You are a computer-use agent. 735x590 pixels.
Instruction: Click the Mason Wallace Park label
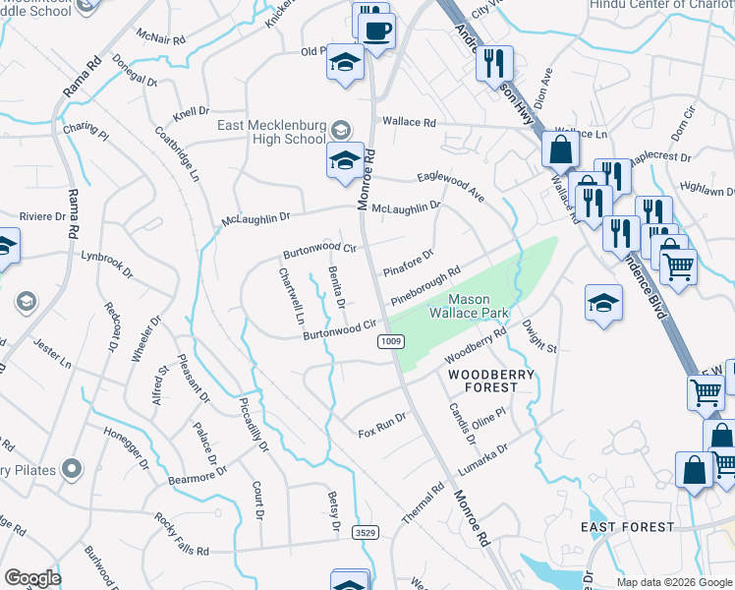coord(467,306)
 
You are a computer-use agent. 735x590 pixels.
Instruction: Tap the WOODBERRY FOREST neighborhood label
coord(491,381)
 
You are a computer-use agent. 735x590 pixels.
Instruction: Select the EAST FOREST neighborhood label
coord(628,527)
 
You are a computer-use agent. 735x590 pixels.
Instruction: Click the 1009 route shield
coord(390,341)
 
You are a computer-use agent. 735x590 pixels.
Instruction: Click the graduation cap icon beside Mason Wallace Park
coord(603,303)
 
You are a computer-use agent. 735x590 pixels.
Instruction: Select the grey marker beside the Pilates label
coord(72,469)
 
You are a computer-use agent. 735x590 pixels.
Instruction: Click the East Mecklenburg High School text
coord(271,132)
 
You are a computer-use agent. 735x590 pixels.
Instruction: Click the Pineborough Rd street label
coord(425,286)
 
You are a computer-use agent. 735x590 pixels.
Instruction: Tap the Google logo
coord(32,578)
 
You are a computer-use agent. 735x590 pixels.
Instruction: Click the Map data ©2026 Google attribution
coord(673,582)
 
